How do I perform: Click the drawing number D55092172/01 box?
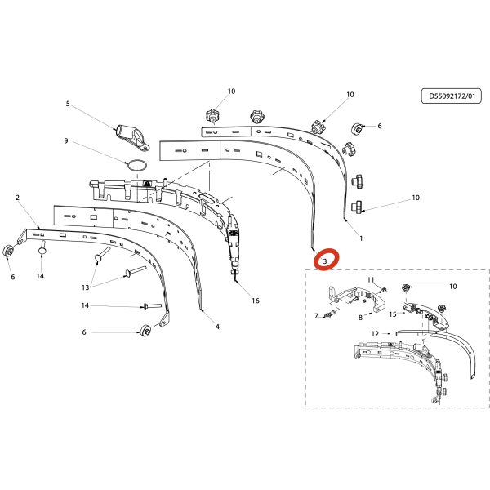pyautogui.click(x=452, y=96)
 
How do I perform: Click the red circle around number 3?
pyautogui.click(x=326, y=259)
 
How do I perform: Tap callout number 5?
pyautogui.click(x=68, y=104)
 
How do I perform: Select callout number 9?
pyautogui.click(x=66, y=141)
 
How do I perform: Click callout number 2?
pyautogui.click(x=17, y=198)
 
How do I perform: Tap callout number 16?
pyautogui.click(x=256, y=301)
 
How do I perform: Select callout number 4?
pyautogui.click(x=217, y=327)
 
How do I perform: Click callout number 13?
pyautogui.click(x=85, y=287)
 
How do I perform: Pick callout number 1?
pyautogui.click(x=361, y=238)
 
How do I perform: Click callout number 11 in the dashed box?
pyautogui.click(x=371, y=279)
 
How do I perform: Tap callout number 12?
pyautogui.click(x=375, y=334)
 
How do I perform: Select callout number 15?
pyautogui.click(x=393, y=314)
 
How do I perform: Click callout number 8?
pyautogui.click(x=360, y=318)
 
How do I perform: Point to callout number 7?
pyautogui.click(x=316, y=316)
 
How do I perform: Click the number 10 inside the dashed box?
pyautogui.click(x=452, y=287)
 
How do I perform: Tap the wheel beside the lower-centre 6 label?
pyautogui.click(x=145, y=331)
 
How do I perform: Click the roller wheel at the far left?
pyautogui.click(x=8, y=252)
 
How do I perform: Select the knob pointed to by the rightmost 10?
pyautogui.click(x=357, y=207)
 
